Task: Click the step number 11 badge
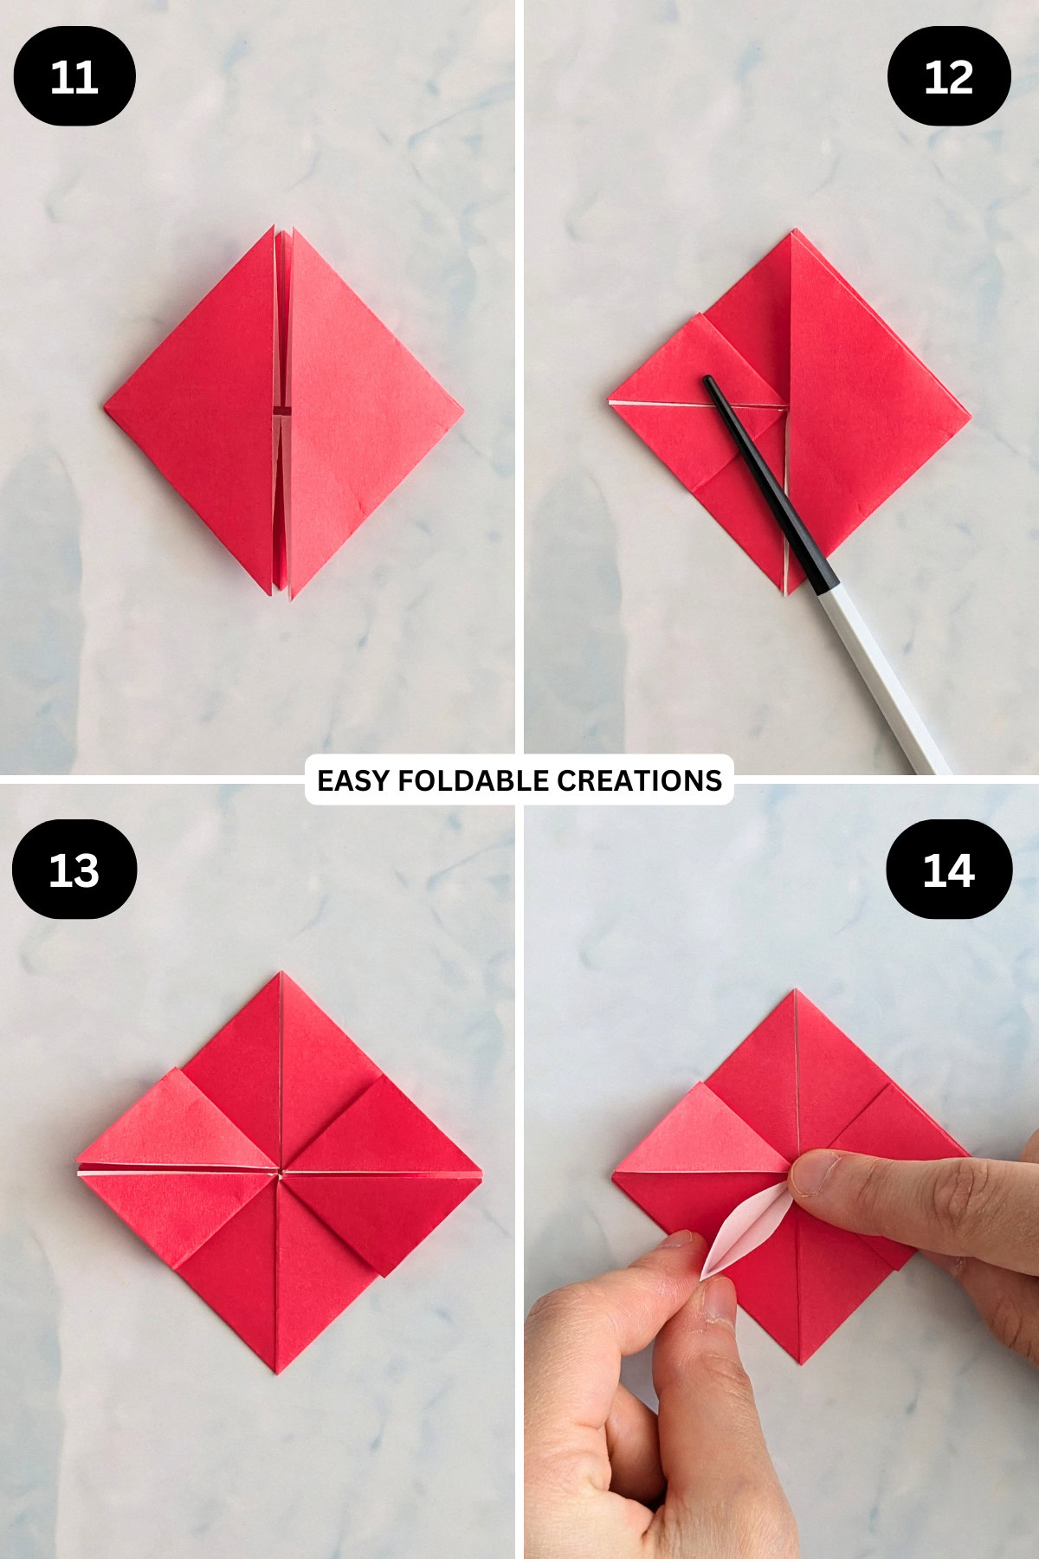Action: [74, 76]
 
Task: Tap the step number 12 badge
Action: [949, 76]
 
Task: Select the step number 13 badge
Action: [74, 870]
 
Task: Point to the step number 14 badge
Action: [949, 870]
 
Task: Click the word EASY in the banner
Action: [352, 780]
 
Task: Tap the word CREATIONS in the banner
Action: [639, 780]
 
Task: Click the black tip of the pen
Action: [711, 383]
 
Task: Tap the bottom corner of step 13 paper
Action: [277, 1372]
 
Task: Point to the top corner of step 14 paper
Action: [796, 991]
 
